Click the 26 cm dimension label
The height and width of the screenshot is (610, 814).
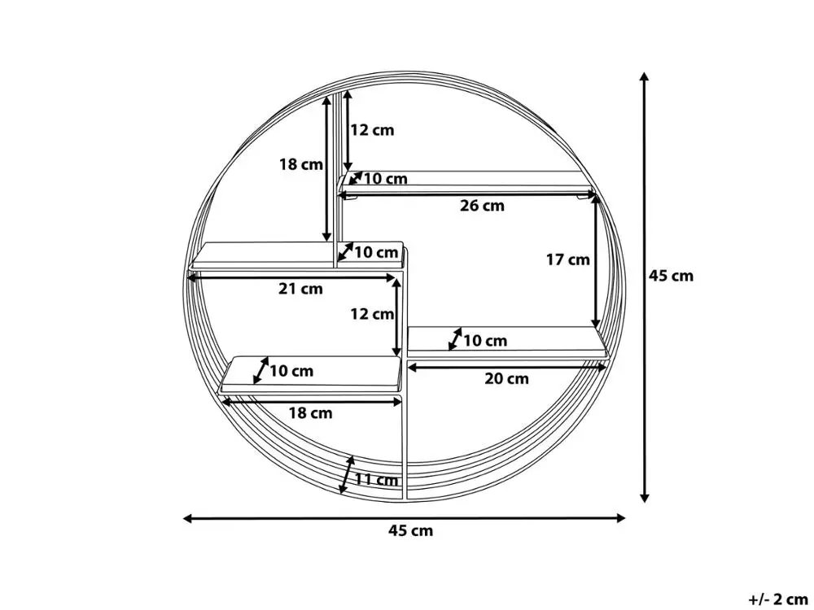tap(482, 206)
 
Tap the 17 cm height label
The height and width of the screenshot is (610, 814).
tap(567, 260)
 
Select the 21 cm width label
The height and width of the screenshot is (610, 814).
tap(300, 289)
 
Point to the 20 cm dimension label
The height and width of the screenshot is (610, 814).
tap(506, 378)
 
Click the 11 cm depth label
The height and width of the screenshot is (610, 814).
tap(376, 480)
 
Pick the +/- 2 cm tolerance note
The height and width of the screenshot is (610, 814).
tap(778, 599)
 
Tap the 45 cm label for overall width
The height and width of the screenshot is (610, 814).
tap(410, 531)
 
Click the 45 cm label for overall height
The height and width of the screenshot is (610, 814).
tap(672, 276)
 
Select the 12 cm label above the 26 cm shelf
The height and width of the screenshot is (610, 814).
tap(371, 130)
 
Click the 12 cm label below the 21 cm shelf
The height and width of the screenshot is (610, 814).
tap(371, 314)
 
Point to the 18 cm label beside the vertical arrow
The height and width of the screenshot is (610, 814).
tap(301, 164)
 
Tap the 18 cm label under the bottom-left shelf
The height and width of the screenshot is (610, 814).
tap(310, 413)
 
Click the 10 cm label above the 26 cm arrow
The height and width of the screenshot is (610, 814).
tap(385, 179)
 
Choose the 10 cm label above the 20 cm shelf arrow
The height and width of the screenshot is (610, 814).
tap(485, 341)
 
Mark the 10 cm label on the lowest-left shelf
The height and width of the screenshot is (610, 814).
tap(291, 372)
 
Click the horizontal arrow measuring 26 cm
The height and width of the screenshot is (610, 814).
tap(468, 194)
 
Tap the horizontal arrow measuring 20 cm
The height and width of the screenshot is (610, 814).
tap(506, 367)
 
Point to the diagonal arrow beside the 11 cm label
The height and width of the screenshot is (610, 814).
tap(348, 474)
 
